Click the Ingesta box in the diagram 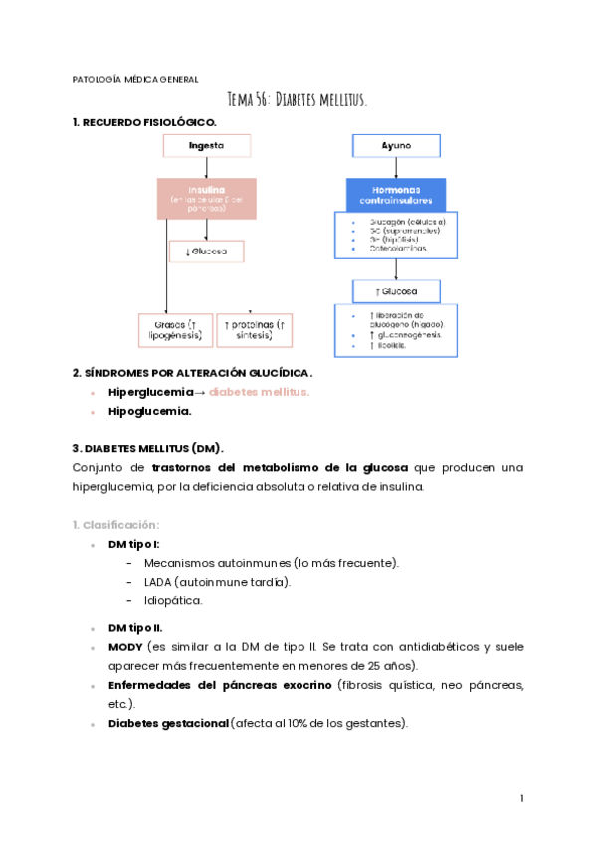tap(206, 146)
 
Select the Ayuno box tap(396, 146)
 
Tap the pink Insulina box tap(206, 198)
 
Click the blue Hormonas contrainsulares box tap(396, 195)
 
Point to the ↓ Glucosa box tap(206, 252)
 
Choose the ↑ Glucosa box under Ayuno tap(396, 291)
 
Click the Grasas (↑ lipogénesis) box tap(175, 330)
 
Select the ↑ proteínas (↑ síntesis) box tap(255, 330)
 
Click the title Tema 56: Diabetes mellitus tap(298, 100)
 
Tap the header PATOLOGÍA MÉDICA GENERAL tap(135, 79)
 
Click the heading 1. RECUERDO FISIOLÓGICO tap(144, 122)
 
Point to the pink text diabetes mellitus tap(259, 392)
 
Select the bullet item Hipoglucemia tap(149, 411)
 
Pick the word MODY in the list tap(125, 647)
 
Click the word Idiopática tap(173, 600)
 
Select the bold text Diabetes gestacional tap(167, 723)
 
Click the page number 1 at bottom tap(521, 798)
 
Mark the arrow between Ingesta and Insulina tap(206, 168)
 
